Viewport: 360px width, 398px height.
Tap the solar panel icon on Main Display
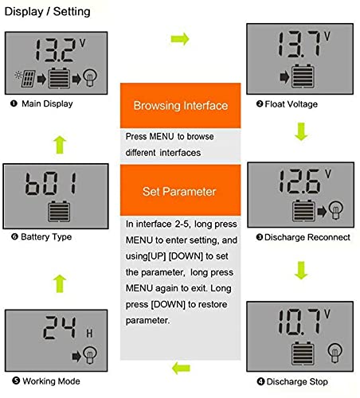tap(23, 77)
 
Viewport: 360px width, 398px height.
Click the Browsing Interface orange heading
tap(180, 105)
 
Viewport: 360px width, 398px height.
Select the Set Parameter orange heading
tap(180, 192)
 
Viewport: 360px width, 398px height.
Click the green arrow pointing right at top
tap(181, 38)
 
